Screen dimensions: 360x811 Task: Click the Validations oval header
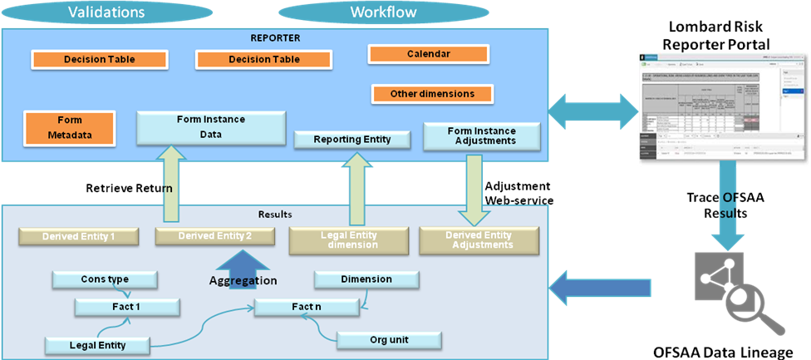(x=106, y=12)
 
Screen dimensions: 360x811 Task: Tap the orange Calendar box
(x=428, y=54)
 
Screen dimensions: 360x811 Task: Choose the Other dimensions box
(x=432, y=94)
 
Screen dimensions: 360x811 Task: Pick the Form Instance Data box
(x=210, y=126)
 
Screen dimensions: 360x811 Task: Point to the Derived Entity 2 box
(x=214, y=236)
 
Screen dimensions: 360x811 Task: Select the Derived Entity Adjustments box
(x=478, y=239)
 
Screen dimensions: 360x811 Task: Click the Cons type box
(x=104, y=279)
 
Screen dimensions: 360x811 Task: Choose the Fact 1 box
(x=126, y=308)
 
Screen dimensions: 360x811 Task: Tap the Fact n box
(x=307, y=308)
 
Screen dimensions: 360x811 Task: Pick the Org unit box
(x=385, y=339)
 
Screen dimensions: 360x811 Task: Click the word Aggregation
(x=243, y=281)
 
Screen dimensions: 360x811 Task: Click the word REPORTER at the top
(x=275, y=37)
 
